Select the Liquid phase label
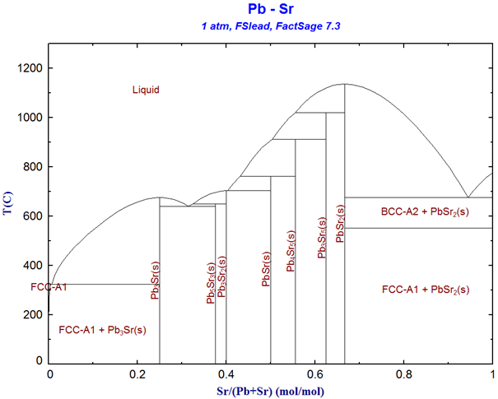pyautogui.click(x=146, y=90)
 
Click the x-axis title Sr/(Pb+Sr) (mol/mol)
pyautogui.click(x=272, y=387)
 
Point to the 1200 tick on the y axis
pyautogui.click(x=31, y=68)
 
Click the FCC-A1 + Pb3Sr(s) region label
pyautogui.click(x=103, y=330)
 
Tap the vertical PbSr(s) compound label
pyautogui.click(x=267, y=268)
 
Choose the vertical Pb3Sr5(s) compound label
pyautogui.click(x=322, y=238)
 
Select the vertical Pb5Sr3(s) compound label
pyautogui.click(x=211, y=283)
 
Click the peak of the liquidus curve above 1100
pyautogui.click(x=344, y=84)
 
